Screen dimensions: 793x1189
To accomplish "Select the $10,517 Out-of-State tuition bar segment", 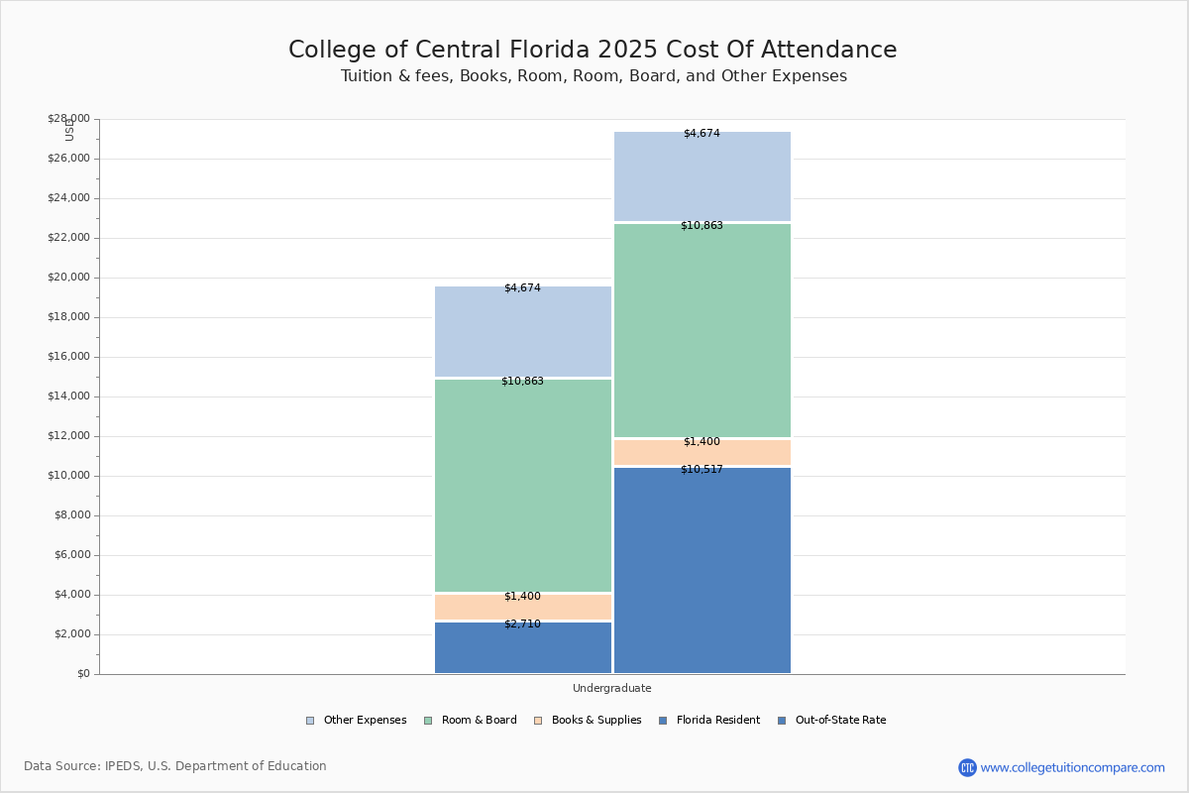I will click(x=702, y=570).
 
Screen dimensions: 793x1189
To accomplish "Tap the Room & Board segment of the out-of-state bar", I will click(x=702, y=330).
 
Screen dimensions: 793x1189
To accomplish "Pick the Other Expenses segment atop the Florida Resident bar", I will click(x=523, y=332).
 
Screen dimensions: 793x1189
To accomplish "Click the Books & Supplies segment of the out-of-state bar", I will click(x=702, y=453).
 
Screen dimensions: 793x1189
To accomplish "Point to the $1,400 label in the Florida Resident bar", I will click(x=522, y=597).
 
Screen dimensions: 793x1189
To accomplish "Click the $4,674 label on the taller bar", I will click(x=702, y=134).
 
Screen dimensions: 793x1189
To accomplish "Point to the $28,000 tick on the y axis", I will click(x=68, y=119).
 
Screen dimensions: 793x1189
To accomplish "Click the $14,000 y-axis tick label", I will click(x=68, y=396).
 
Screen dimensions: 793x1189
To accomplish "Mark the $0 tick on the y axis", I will click(x=82, y=674).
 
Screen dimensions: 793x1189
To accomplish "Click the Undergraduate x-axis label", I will click(x=611, y=688).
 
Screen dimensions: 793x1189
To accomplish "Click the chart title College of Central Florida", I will click(x=593, y=51).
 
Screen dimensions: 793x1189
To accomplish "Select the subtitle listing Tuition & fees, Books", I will click(x=594, y=76).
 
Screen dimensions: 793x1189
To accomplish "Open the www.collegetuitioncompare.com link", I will click(x=1072, y=767).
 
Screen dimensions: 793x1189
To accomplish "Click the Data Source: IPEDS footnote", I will click(x=175, y=766).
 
